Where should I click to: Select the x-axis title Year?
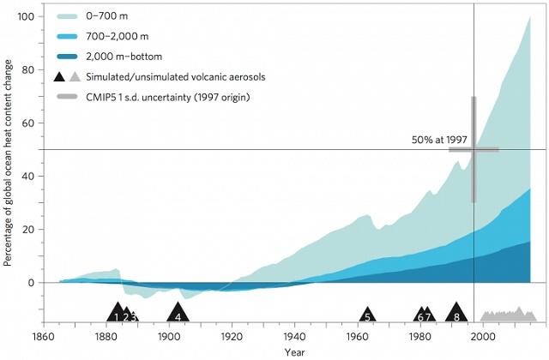click(295, 352)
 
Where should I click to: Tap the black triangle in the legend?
click(60, 76)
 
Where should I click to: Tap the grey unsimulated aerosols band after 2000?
click(509, 316)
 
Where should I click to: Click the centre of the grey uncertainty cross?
click(474, 149)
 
